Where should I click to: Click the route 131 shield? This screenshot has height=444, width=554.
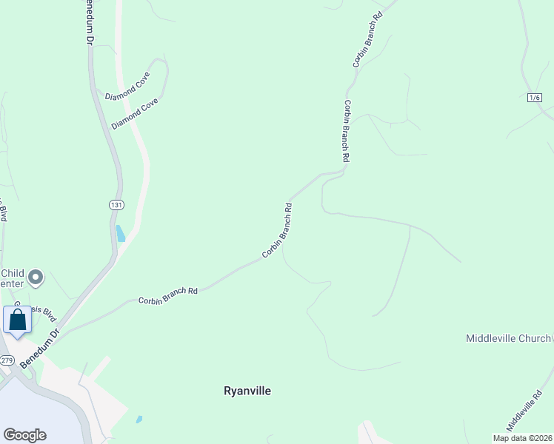tap(116, 204)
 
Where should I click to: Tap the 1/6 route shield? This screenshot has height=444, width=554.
tap(535, 98)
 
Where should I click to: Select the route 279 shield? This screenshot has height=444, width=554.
tap(7, 360)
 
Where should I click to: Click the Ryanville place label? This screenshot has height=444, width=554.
tap(247, 391)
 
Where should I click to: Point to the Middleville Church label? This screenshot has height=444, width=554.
tap(508, 338)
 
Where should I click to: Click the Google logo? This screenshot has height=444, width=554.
tap(24, 435)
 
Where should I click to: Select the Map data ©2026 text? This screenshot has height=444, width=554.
tap(521, 438)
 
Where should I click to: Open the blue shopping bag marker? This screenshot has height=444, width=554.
tap(17, 320)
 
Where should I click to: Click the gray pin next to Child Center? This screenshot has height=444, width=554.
tap(36, 277)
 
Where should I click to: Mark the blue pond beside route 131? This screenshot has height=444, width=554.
tap(120, 234)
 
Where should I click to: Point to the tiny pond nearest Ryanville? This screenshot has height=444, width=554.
tap(139, 420)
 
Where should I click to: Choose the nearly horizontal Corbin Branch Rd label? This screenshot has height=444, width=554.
tap(168, 296)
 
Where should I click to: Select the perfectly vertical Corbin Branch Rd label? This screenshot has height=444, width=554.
tap(346, 132)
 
